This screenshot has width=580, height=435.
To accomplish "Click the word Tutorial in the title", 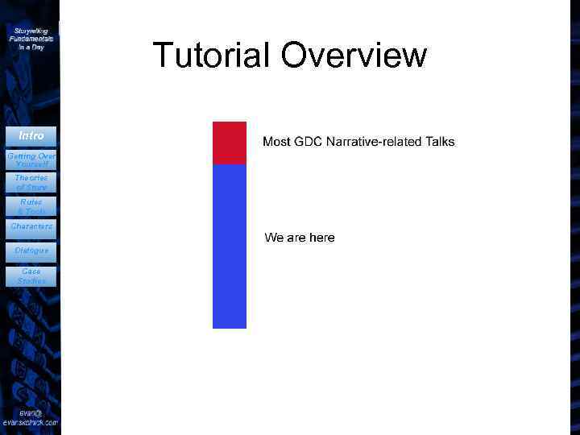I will tap(211, 55).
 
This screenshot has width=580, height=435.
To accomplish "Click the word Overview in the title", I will tap(355, 55).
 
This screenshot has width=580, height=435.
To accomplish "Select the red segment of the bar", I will tap(229, 143).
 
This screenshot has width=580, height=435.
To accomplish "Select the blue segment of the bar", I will tap(229, 246).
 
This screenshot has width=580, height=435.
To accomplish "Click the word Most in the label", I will tap(276, 142).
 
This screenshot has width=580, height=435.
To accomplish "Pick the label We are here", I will tap(300, 238).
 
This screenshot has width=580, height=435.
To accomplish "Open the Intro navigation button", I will tap(31, 135).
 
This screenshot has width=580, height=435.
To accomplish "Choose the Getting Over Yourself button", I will tap(31, 159).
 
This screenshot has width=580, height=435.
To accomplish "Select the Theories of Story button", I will tap(31, 182).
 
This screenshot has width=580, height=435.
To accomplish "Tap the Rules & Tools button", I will tap(31, 206).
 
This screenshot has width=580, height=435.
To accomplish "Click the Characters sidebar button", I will tap(31, 227).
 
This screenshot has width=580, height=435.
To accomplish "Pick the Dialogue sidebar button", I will tap(31, 251).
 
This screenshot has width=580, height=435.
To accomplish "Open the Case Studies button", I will tap(31, 276).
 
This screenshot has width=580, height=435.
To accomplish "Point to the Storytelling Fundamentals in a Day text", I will tap(31, 39).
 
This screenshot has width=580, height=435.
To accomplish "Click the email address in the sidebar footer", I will tap(31, 417).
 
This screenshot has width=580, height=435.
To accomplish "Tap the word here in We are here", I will tap(321, 238).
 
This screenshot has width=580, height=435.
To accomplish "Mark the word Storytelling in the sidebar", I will tap(31, 31).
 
